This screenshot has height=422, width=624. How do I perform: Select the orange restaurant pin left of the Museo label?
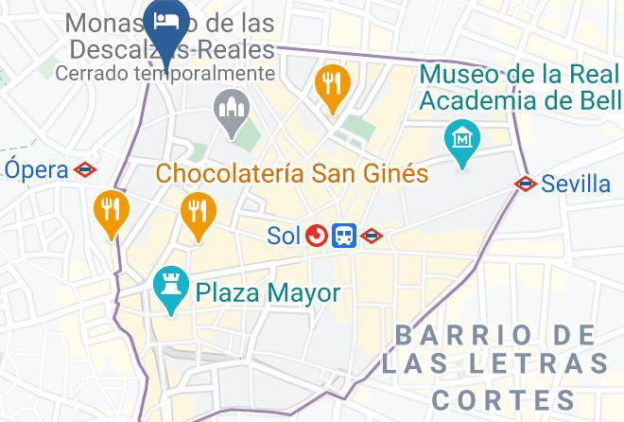pyautogui.click(x=332, y=83)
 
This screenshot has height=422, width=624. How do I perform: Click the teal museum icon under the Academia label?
pyautogui.click(x=461, y=140)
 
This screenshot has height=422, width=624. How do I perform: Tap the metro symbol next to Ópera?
pyautogui.click(x=86, y=170)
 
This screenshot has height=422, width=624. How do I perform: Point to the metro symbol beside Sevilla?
pyautogui.click(x=526, y=184)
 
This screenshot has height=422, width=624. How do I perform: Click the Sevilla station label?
pyautogui.click(x=577, y=184)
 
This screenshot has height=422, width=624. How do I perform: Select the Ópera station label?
pyautogui.click(x=37, y=170)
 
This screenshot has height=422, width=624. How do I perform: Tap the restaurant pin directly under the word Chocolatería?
pyautogui.click(x=197, y=212)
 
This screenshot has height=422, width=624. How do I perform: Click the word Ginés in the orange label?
pyautogui.click(x=396, y=174)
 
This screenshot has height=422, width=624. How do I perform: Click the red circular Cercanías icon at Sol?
pyautogui.click(x=317, y=236)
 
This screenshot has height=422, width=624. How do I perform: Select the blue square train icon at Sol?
pyautogui.click(x=344, y=236)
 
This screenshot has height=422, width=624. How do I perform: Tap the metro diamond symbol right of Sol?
pyautogui.click(x=372, y=236)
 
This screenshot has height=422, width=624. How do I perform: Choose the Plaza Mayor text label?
pyautogui.click(x=268, y=293)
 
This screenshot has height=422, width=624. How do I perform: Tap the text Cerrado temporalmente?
pyautogui.click(x=165, y=73)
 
